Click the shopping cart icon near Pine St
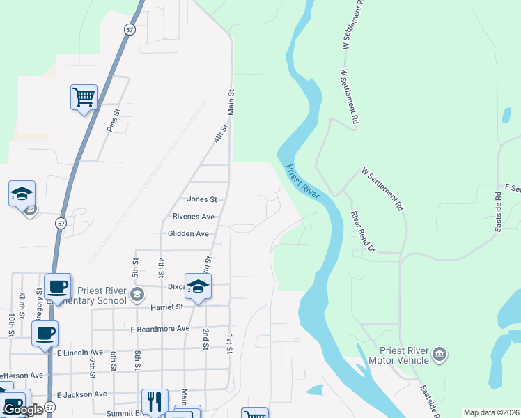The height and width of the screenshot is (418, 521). [x=84, y=97]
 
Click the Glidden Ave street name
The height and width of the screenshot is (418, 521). [x=188, y=234]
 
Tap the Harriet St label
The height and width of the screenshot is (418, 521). [x=164, y=307]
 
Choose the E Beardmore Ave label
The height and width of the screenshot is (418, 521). [x=160, y=328]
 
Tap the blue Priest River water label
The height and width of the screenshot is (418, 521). [x=302, y=182]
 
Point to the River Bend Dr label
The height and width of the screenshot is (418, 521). [x=363, y=232]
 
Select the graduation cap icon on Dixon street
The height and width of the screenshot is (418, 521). [x=198, y=287]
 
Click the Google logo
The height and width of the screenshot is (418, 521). [x=23, y=410]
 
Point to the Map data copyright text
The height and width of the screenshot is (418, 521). [x=491, y=412]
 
